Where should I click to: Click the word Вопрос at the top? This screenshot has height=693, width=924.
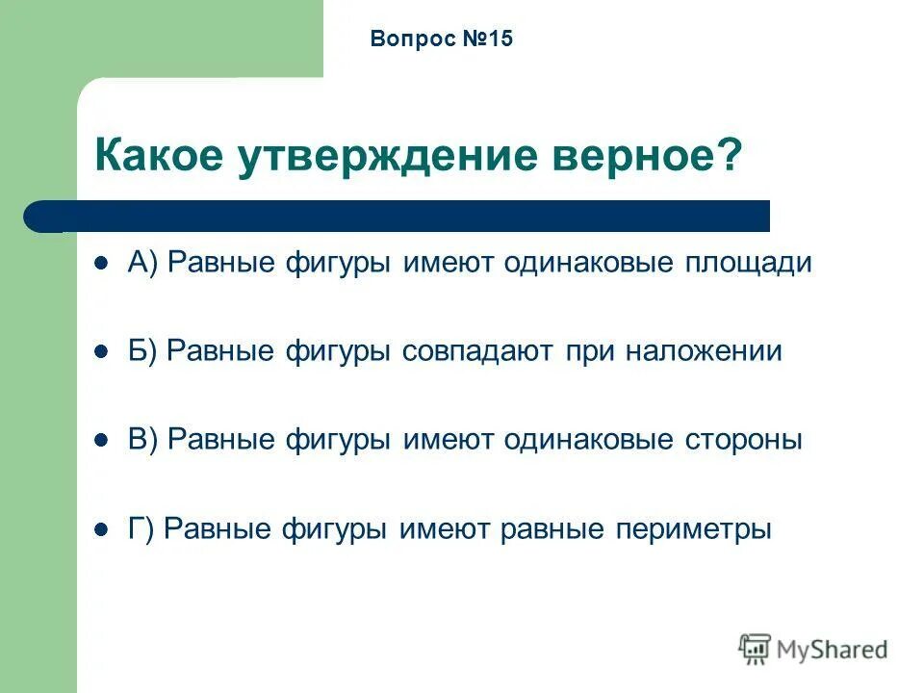pos(406,39)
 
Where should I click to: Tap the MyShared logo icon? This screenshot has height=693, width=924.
pos(755,650)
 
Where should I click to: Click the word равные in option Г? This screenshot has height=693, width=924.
pos(552,529)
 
